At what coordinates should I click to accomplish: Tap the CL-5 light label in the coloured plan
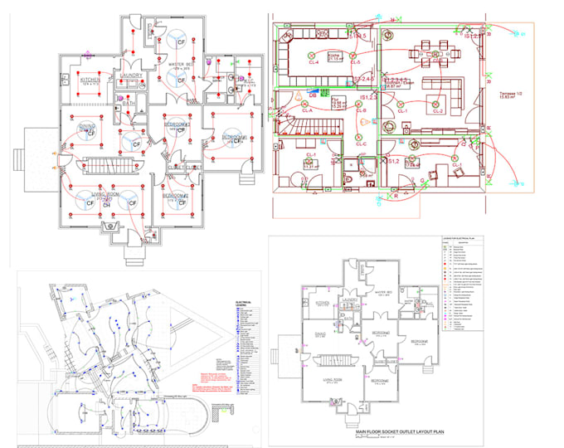[x=355, y=63]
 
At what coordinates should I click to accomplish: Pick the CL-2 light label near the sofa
[x=437, y=110]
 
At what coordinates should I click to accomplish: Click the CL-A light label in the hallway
[x=306, y=110]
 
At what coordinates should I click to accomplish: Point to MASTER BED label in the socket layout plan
[x=383, y=293]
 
